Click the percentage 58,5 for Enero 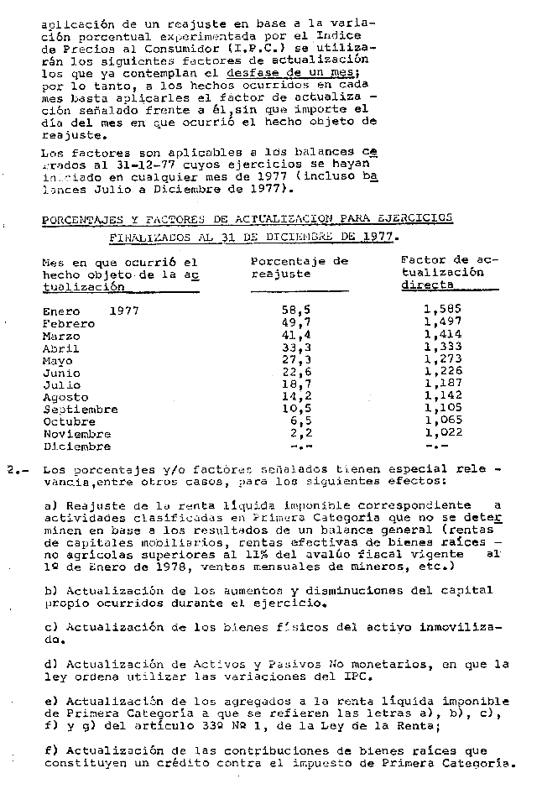coord(297,310)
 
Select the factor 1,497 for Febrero coord(442,321)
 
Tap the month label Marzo coord(61,335)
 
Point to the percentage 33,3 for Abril coord(297,347)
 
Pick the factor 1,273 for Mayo coord(442,359)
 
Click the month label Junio coord(61,373)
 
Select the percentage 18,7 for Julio coord(297,384)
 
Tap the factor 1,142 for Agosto coord(442,397)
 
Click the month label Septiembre coord(80,410)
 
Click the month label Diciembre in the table coord(76,447)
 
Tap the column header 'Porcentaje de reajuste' coord(299,267)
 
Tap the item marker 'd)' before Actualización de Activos coord(50,664)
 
